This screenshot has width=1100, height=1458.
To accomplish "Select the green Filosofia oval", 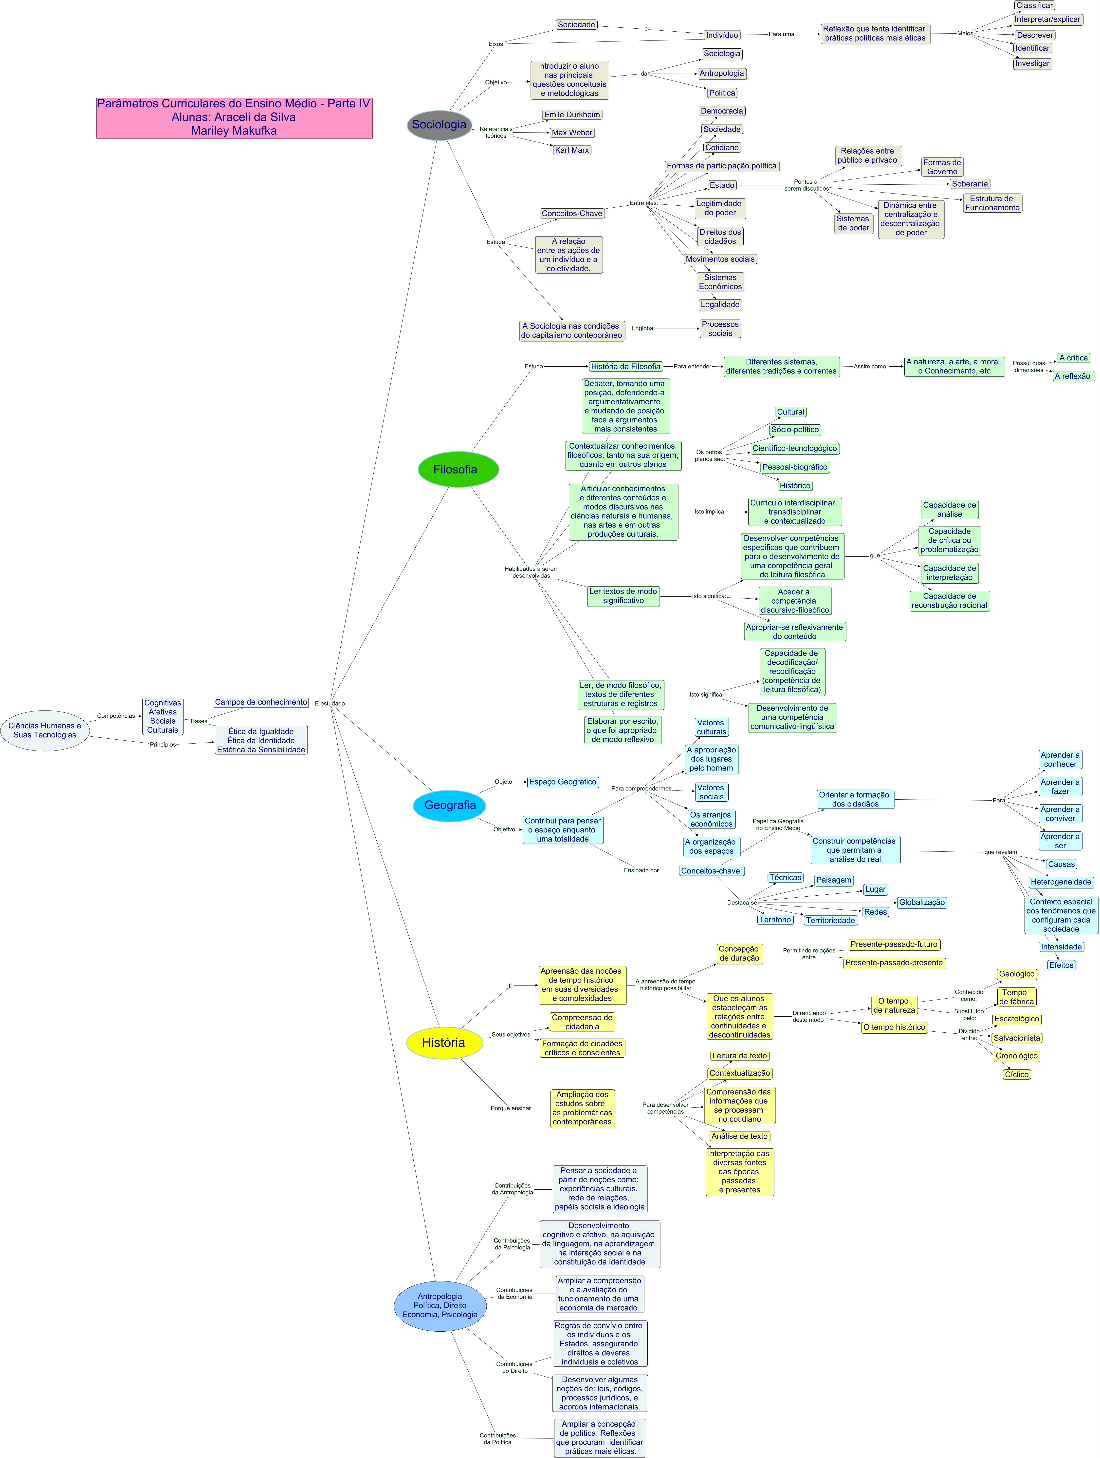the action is (x=458, y=469).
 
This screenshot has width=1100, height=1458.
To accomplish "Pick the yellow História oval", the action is (x=444, y=1042).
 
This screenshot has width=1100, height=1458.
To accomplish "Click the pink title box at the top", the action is (x=235, y=117).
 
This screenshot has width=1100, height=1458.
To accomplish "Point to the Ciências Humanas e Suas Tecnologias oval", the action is (x=45, y=730).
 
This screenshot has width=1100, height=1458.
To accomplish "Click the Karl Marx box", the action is (x=572, y=150).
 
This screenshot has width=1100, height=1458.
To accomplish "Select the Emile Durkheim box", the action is (x=572, y=115).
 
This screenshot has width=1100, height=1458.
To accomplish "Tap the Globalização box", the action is (x=921, y=902).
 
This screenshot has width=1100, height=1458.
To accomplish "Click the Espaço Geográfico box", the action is (x=563, y=782).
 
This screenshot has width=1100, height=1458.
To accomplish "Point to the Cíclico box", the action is (x=1016, y=1074).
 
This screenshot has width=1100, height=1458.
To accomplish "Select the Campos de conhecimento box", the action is (x=261, y=702).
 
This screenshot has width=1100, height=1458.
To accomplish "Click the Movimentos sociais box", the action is (x=720, y=259).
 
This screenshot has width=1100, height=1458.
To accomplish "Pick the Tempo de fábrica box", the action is (x=1016, y=997).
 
